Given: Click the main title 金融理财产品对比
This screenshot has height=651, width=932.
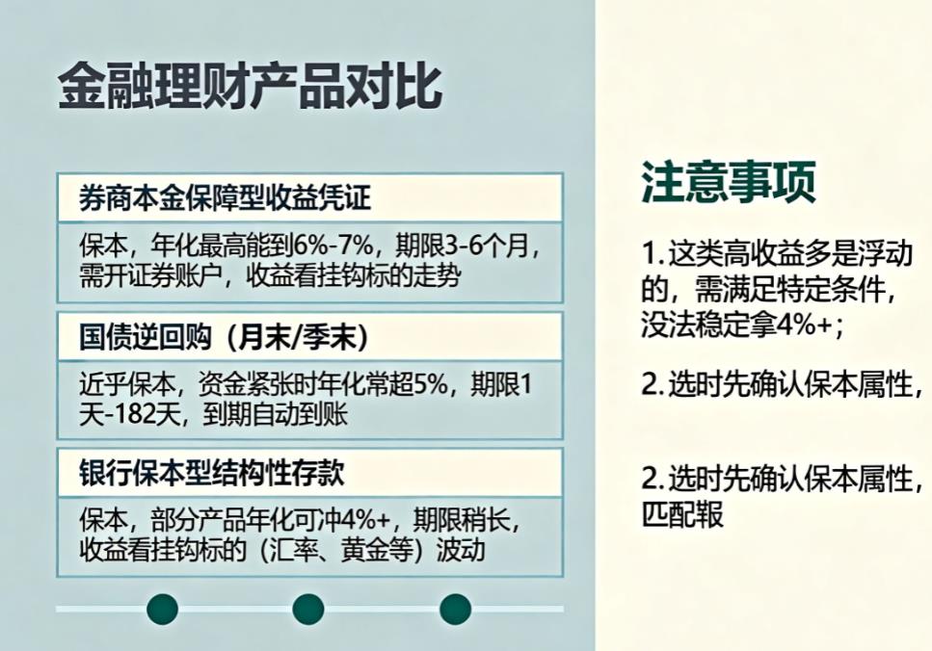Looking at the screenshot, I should tap(250, 88).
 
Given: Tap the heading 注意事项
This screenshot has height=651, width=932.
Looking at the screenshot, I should tap(729, 181).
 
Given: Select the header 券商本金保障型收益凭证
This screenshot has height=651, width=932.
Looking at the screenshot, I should tap(226, 198).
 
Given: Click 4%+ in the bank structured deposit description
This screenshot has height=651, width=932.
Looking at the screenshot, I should tap(370, 521).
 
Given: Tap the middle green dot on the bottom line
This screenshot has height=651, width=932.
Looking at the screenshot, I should tap(307, 608).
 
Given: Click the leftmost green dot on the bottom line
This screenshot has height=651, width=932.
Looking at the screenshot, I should tap(162, 608).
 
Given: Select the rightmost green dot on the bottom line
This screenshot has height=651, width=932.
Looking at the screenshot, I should tap(455, 608).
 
